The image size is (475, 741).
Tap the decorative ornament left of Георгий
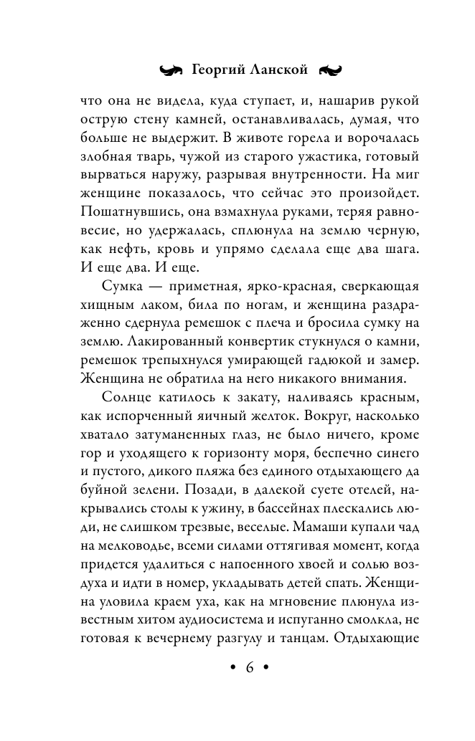coord(171,71)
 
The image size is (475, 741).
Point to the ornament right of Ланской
coord(330,71)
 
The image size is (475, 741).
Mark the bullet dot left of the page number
coord(231,667)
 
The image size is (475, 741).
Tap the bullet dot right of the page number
coord(268,667)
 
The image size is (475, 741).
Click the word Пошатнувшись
coord(121,214)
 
